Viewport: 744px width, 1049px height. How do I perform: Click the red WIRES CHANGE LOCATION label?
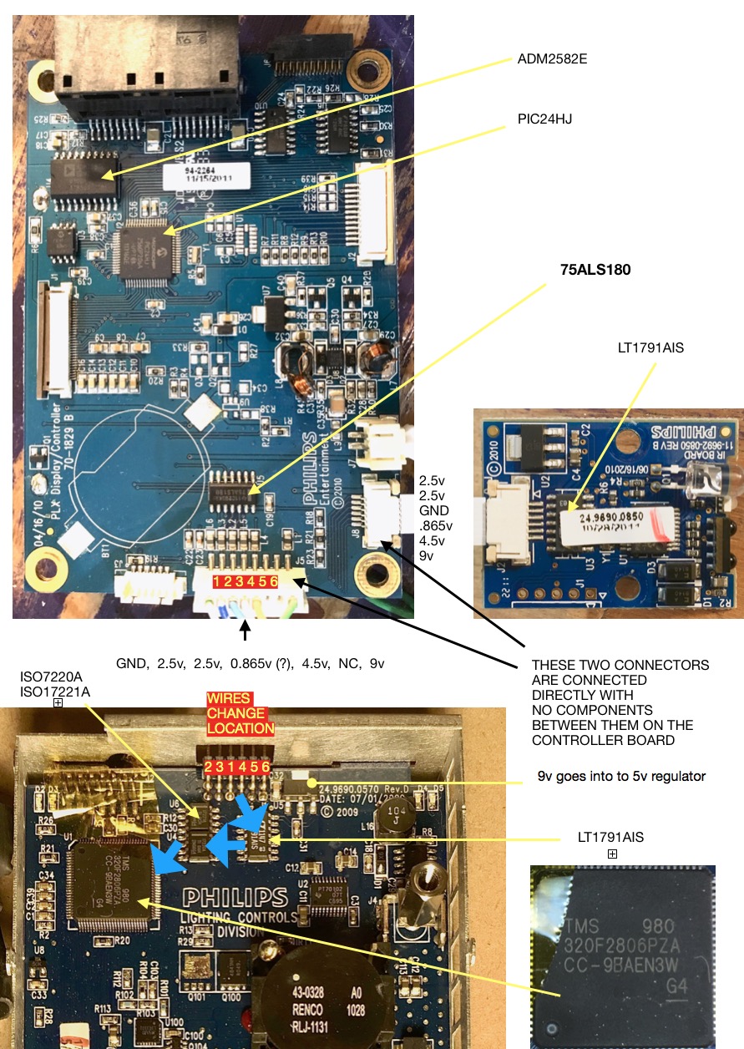click(x=240, y=713)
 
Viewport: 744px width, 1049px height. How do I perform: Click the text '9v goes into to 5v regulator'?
click(x=622, y=777)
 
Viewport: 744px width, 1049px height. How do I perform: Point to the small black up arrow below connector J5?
click(x=245, y=633)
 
